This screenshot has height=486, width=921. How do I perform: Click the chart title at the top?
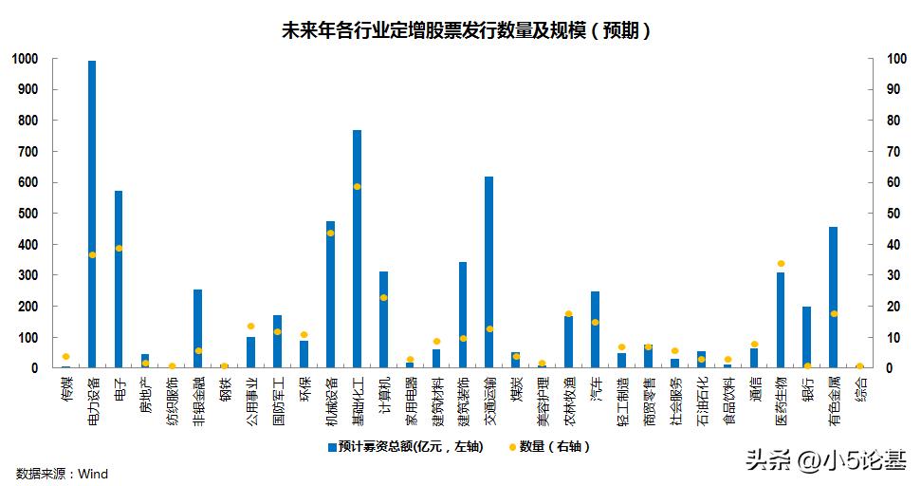tap(466, 31)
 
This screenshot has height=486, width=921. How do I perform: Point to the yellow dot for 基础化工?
tap(357, 186)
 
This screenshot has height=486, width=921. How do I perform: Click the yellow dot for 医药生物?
tap(781, 263)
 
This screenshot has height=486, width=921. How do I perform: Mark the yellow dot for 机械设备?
tap(330, 233)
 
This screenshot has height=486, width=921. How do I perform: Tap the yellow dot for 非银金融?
tap(198, 350)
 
